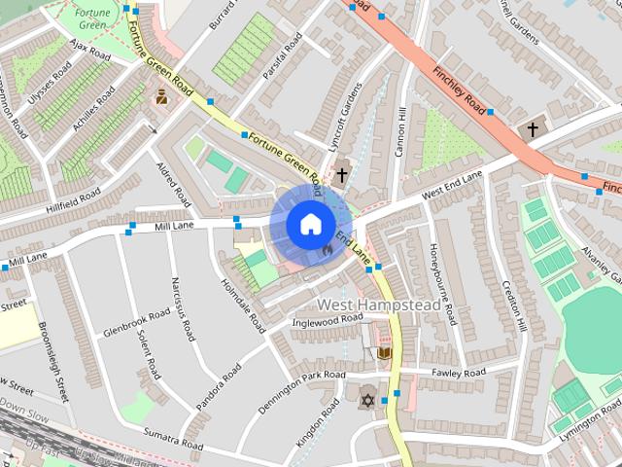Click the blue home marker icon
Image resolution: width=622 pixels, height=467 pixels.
(309, 225)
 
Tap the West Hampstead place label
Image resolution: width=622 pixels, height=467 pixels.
(379, 305)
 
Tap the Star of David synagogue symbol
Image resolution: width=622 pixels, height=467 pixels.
(367, 400)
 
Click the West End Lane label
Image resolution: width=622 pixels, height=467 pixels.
(452, 188)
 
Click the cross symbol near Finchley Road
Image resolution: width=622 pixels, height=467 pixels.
(532, 129)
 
